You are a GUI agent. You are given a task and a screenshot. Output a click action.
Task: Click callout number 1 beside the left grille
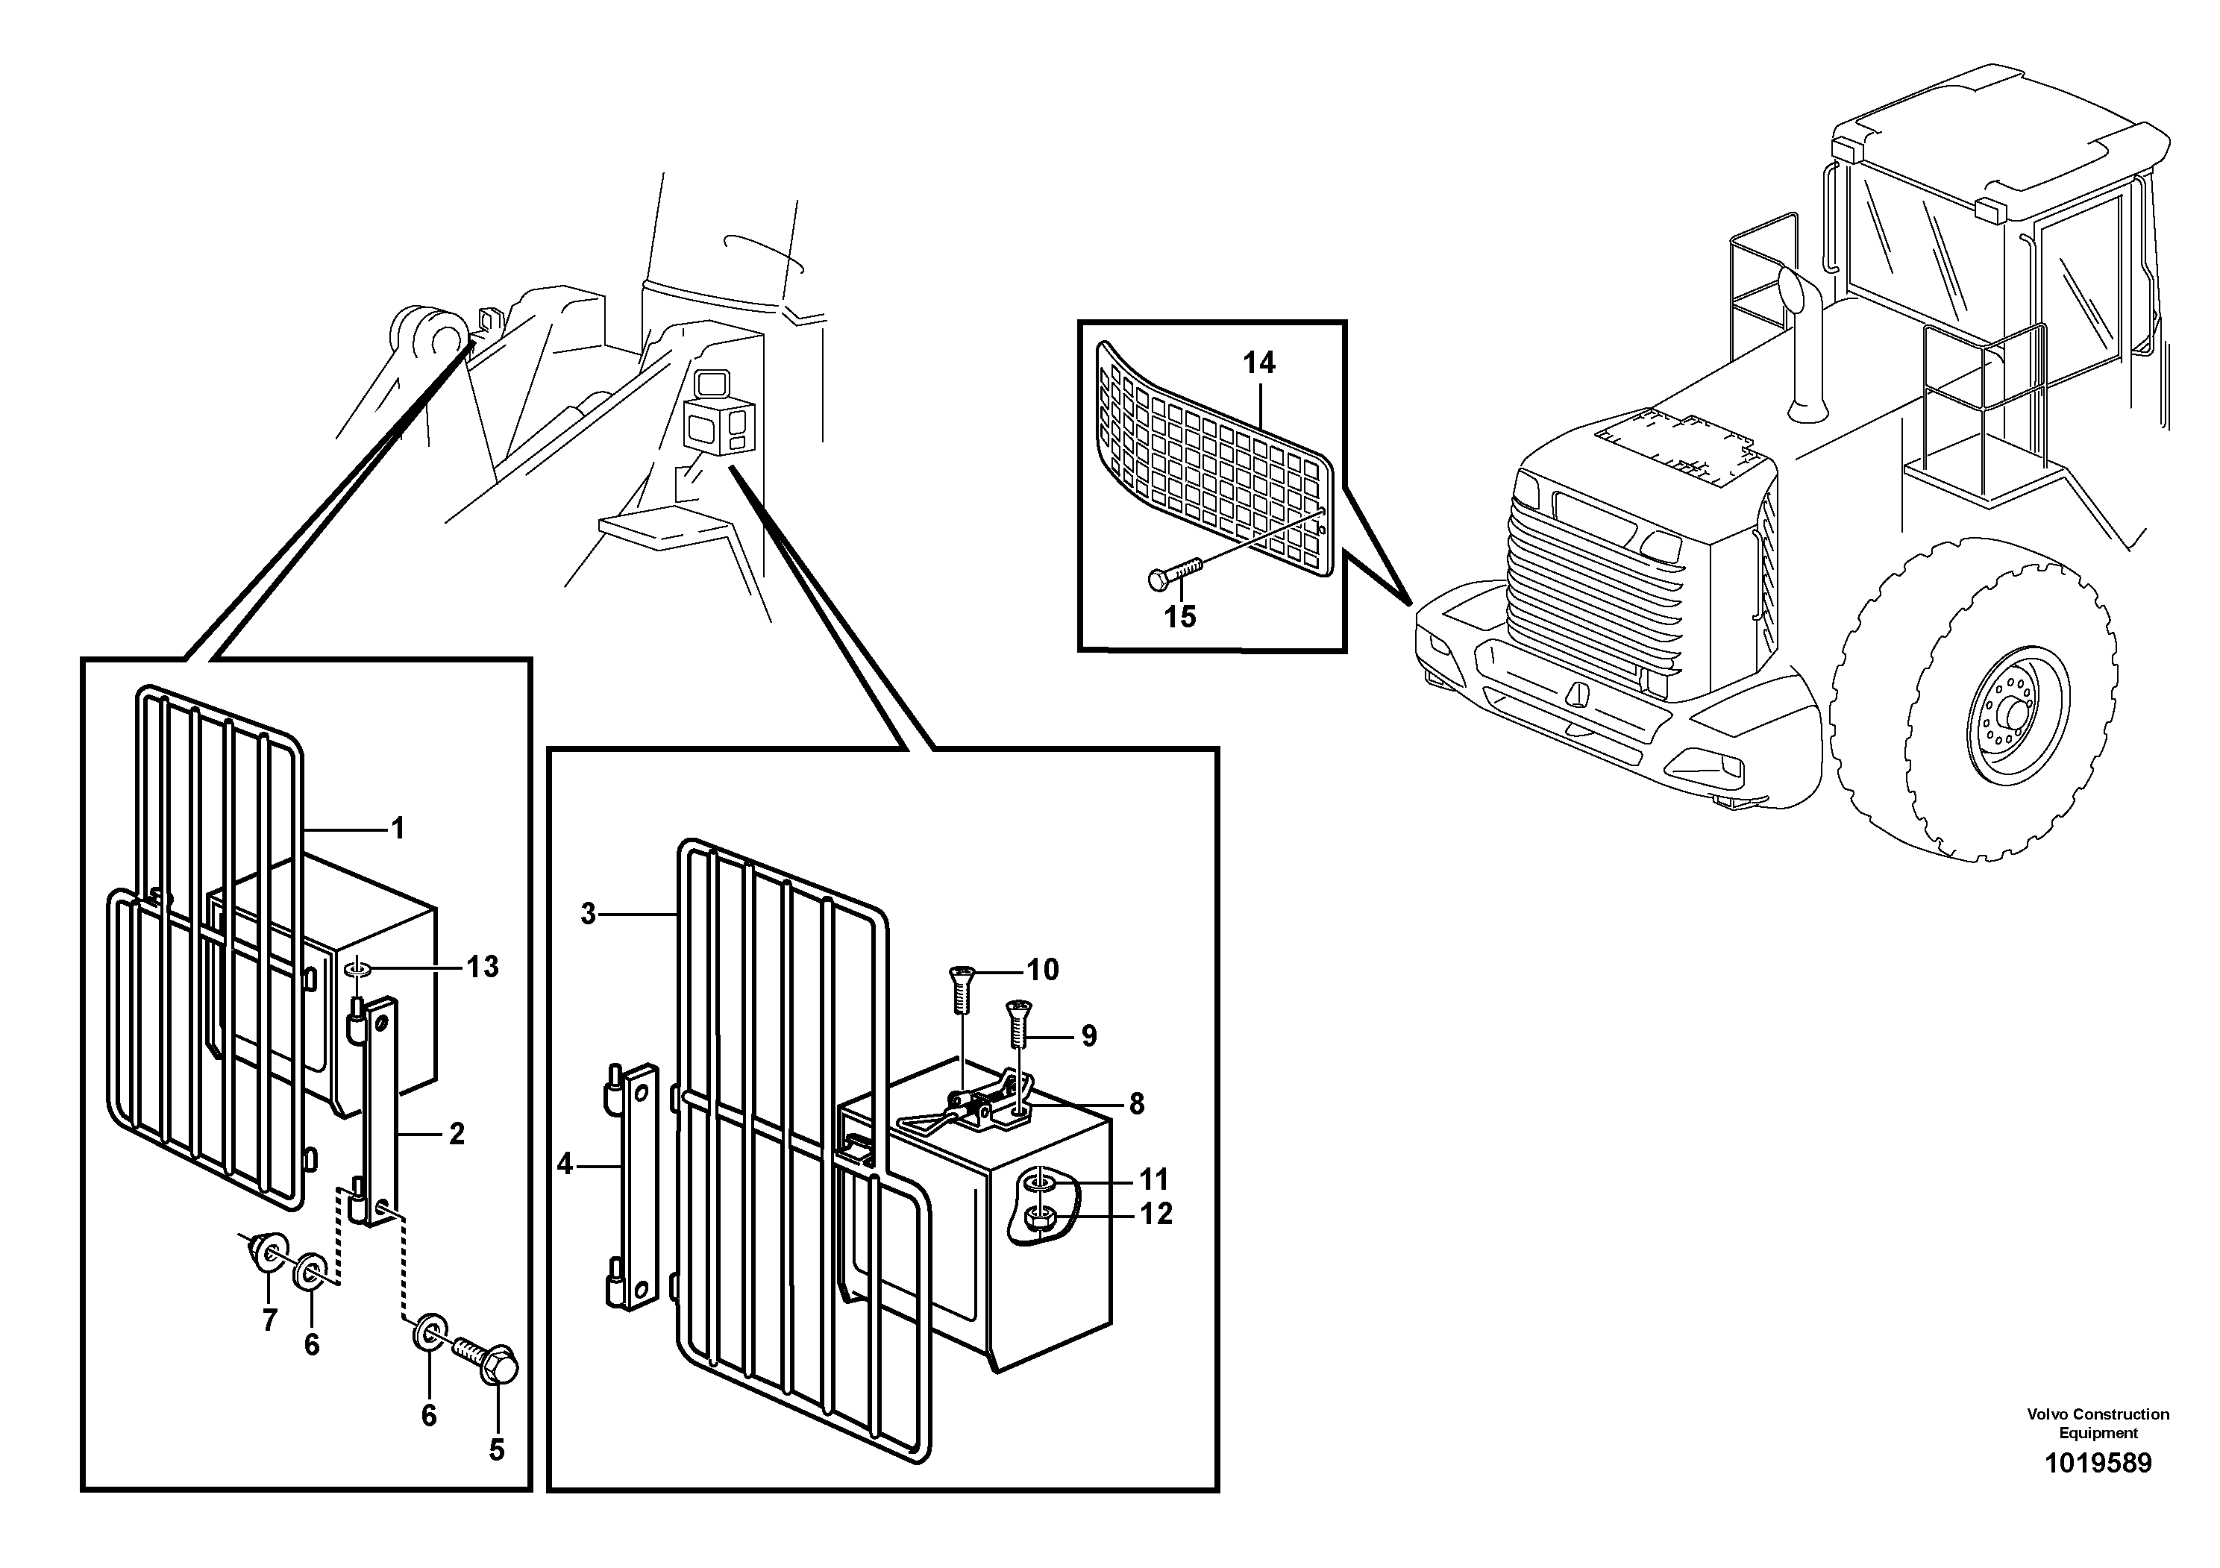click(x=398, y=829)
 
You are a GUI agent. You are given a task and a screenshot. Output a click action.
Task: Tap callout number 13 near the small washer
click(x=483, y=967)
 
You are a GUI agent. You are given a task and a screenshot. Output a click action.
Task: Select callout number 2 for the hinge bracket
click(x=457, y=1133)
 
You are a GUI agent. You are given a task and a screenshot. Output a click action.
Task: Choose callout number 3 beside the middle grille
click(x=588, y=914)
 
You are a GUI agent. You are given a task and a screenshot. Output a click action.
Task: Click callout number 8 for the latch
click(x=1136, y=1103)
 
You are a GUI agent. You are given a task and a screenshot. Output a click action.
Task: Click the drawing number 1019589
click(x=2097, y=1463)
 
